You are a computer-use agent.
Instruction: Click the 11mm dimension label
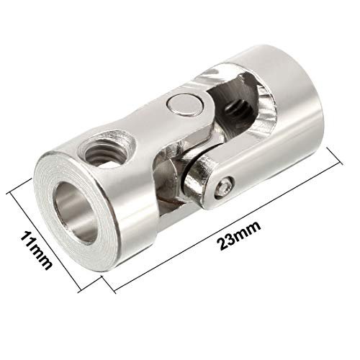click(x=35, y=251)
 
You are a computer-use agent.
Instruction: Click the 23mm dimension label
click(x=239, y=235)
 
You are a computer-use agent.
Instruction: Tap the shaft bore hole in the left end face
click(x=75, y=212)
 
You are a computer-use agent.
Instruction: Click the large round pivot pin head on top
click(x=185, y=105)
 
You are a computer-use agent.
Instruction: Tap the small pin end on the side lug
click(x=224, y=187)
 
